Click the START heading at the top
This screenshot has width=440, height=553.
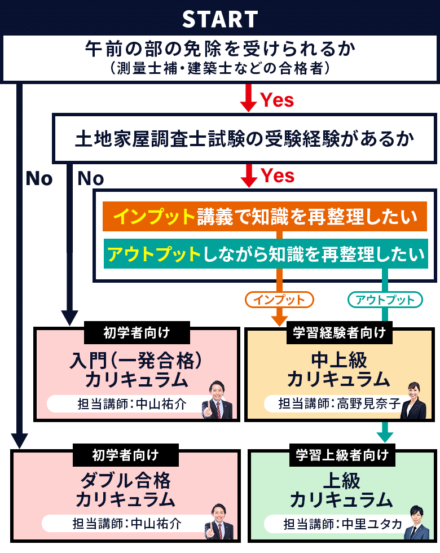(220, 19)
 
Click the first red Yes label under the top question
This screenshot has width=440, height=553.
(277, 100)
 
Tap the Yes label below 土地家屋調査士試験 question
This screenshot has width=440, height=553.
(277, 176)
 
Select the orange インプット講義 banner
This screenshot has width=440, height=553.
(265, 217)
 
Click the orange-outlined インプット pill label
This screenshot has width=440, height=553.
(279, 300)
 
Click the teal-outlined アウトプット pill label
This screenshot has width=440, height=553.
(385, 300)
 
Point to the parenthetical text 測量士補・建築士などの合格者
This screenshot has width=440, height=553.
(220, 69)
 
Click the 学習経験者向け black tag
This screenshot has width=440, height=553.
(339, 332)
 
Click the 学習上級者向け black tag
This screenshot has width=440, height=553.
(342, 455)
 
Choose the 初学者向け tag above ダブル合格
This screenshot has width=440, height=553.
(125, 455)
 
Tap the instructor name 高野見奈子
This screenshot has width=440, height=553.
(369, 403)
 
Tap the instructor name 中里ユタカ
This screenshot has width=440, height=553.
(369, 524)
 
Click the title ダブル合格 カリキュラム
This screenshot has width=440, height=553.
(125, 490)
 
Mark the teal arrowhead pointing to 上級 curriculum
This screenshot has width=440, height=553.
(385, 436)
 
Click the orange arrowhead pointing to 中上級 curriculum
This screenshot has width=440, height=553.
(279, 320)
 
